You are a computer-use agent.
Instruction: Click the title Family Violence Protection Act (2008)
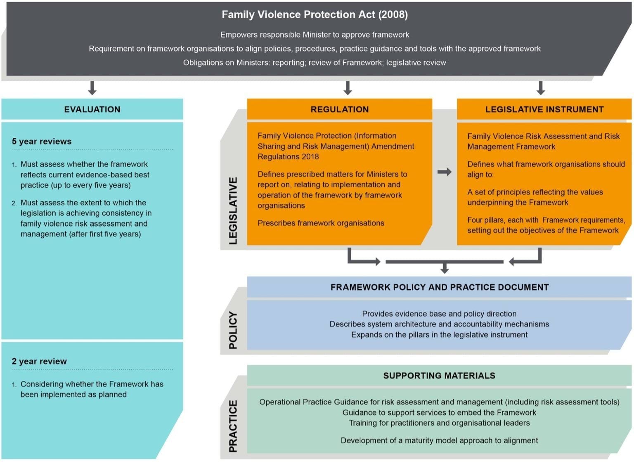pyautogui.click(x=315, y=15)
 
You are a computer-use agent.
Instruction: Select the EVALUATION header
pyautogui.click(x=92, y=109)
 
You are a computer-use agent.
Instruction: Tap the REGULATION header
pyautogui.click(x=339, y=109)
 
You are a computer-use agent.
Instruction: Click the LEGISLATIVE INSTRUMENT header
pyautogui.click(x=544, y=109)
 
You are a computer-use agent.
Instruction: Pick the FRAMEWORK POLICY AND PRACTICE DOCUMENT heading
pyautogui.click(x=439, y=287)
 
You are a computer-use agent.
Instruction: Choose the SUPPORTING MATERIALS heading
pyautogui.click(x=439, y=376)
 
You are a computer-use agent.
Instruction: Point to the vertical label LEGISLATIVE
pyautogui.click(x=233, y=210)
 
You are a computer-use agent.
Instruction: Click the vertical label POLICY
pyautogui.click(x=233, y=330)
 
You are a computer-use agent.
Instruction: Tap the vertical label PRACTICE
pyautogui.click(x=233, y=426)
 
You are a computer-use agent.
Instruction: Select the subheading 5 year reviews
pyautogui.click(x=42, y=142)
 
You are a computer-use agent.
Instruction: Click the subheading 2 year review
pyautogui.click(x=39, y=361)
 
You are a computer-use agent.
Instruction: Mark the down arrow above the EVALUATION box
pyautogui.click(x=92, y=87)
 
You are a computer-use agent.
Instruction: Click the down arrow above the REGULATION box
pyautogui.click(x=348, y=87)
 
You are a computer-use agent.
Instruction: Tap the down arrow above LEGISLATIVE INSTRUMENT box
pyautogui.click(x=540, y=87)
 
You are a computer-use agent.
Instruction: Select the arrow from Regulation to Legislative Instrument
pyautogui.click(x=444, y=172)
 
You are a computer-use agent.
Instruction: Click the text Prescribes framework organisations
pyautogui.click(x=321, y=223)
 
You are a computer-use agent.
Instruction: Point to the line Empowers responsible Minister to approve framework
pyautogui.click(x=315, y=35)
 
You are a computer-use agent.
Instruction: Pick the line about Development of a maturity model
pyautogui.click(x=439, y=441)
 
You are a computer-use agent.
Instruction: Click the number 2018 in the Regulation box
pyautogui.click(x=310, y=157)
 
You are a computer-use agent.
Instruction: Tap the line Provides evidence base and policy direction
pyautogui.click(x=439, y=314)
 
